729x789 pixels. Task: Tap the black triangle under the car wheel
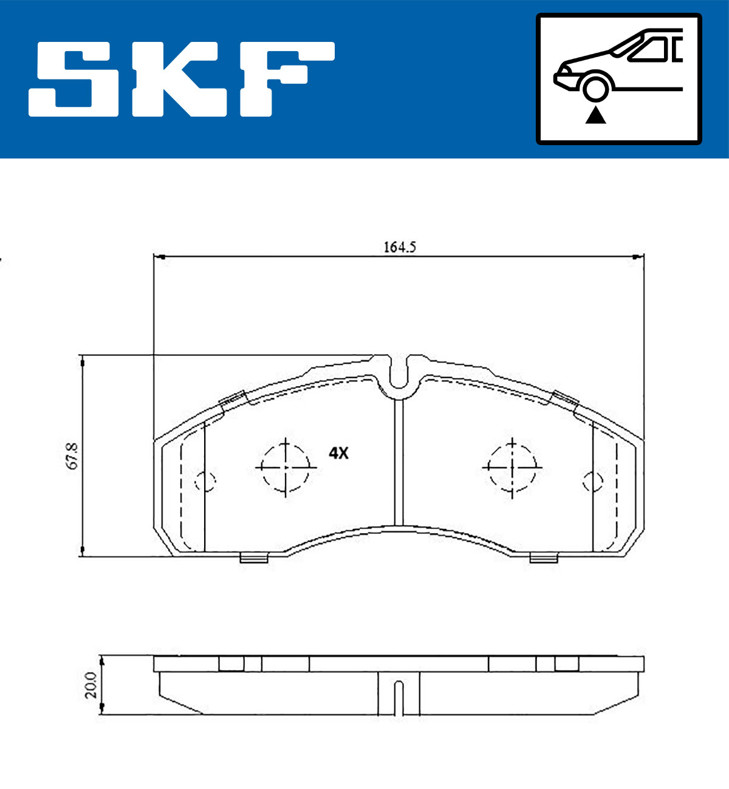click(x=595, y=115)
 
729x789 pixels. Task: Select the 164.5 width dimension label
click(x=399, y=247)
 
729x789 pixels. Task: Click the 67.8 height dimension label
click(x=72, y=456)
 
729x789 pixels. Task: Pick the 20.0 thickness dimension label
click(x=91, y=685)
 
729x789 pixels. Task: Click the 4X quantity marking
click(x=338, y=453)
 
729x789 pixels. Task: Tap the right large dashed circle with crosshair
click(x=512, y=466)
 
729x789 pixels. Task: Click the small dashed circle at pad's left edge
click(x=205, y=481)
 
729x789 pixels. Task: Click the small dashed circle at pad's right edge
click(x=592, y=481)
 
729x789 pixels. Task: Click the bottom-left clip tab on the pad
click(x=254, y=558)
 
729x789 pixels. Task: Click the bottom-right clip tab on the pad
click(x=544, y=558)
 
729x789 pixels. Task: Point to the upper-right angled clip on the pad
click(x=564, y=398)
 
